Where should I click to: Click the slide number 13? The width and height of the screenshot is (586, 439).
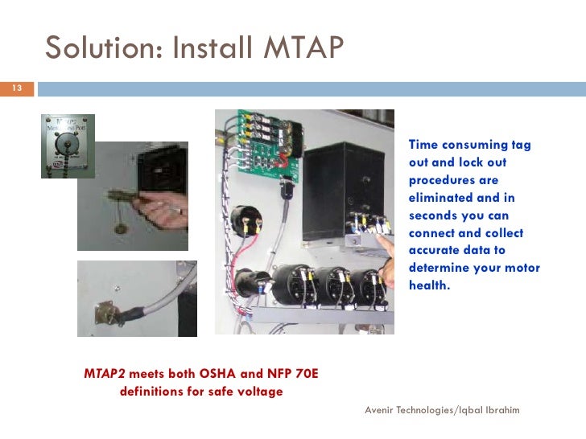14,88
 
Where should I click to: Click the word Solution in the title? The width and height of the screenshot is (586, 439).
94,49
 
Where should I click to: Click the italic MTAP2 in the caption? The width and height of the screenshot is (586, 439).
105,374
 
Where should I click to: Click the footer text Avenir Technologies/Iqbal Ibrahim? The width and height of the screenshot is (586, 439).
442,410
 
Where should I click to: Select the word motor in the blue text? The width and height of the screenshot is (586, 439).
524,268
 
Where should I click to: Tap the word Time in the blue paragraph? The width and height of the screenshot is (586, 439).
423,146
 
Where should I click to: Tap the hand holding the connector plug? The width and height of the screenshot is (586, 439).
161,213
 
